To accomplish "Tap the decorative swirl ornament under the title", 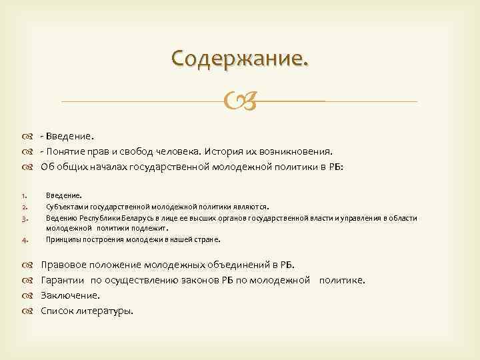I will (240, 102).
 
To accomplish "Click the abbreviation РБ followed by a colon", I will (335, 166).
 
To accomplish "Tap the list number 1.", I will (23, 196).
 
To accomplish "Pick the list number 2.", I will (23, 207).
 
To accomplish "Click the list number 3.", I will (23, 217).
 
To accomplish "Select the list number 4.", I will (23, 239).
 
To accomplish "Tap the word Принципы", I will (61, 239).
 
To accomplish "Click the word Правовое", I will (63, 265).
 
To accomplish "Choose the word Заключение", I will (70, 295).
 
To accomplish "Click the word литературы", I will (105, 310).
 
